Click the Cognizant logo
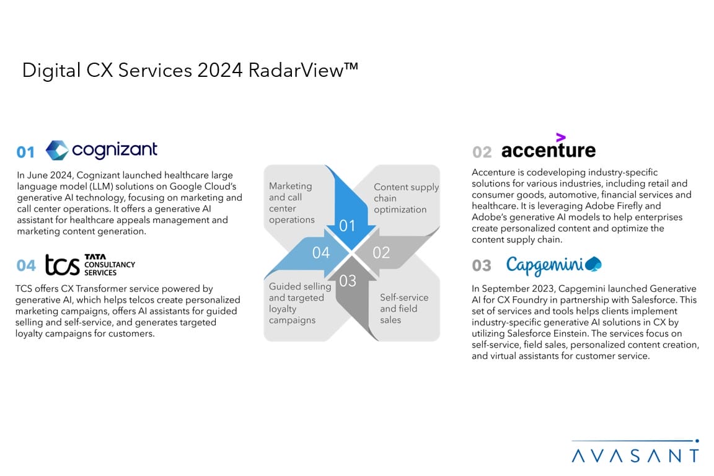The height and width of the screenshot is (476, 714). coord(102,150)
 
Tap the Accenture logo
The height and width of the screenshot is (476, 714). coord(549,146)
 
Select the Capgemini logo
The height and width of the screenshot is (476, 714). coord(553,265)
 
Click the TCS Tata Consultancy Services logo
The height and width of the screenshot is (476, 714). coord(90,265)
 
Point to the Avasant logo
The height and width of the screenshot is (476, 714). coord(635,451)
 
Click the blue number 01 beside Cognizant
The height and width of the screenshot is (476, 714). coord(25,152)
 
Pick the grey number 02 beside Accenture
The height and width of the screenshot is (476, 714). coord(482,152)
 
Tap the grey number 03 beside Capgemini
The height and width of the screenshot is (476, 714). coord(482,265)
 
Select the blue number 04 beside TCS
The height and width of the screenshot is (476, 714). coord(26,265)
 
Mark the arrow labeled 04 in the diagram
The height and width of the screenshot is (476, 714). coord(311,253)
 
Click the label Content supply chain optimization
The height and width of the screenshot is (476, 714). coord(406,198)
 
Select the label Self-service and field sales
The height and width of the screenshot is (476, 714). coord(404,309)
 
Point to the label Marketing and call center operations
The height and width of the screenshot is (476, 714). coord(291,203)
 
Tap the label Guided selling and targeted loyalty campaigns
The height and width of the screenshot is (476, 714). coord(299,303)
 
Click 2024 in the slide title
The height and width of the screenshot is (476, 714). coord(220,70)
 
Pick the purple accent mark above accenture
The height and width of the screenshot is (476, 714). coord(561,137)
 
